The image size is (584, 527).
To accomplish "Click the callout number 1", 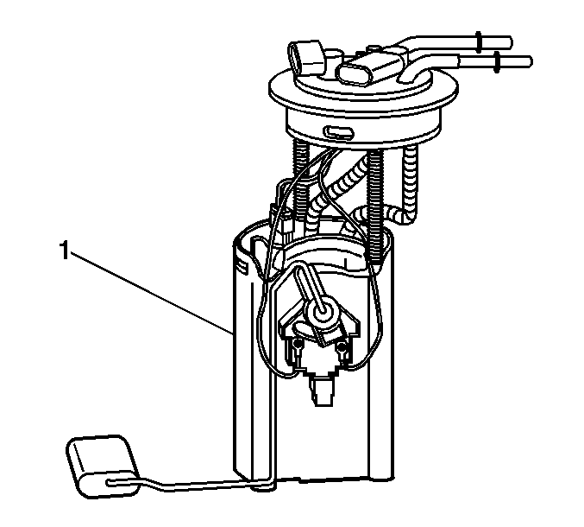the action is tap(65, 250).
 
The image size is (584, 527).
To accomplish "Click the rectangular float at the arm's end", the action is tap(103, 466).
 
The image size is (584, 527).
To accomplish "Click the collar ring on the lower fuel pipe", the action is tap(497, 62).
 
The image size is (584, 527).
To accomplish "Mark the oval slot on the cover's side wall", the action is tap(338, 131).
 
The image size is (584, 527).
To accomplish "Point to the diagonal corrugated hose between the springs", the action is tap(336, 190).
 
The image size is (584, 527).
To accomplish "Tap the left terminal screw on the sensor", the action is tap(297, 344).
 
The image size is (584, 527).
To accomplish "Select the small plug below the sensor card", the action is tap(320, 391).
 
